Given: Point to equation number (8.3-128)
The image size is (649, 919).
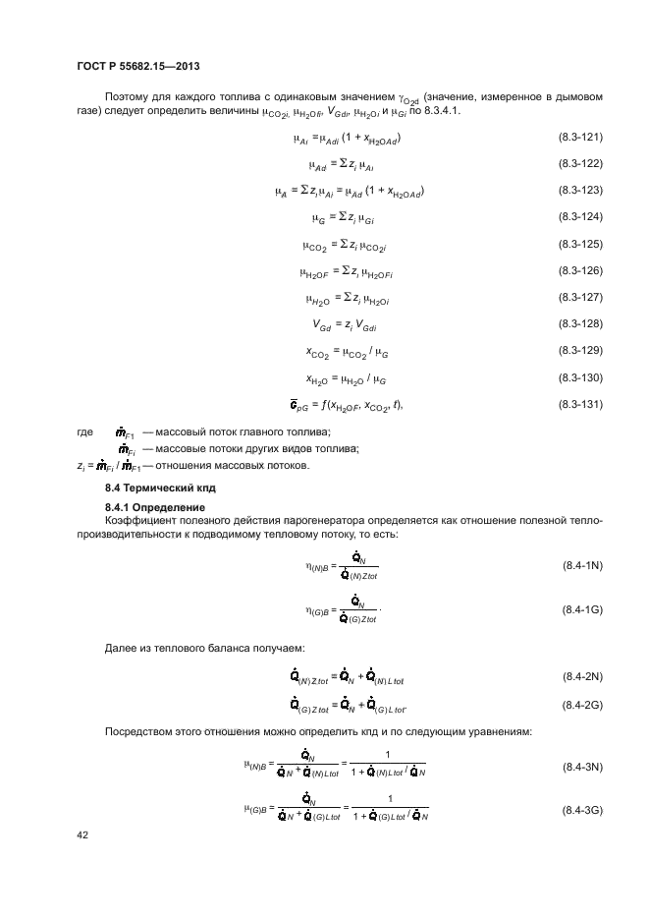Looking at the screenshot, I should [x=580, y=323].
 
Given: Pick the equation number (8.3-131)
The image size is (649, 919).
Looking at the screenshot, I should [x=580, y=404].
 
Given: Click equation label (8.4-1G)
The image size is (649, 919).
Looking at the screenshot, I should [x=581, y=611].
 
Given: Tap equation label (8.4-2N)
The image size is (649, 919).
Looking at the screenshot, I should [x=581, y=678].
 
